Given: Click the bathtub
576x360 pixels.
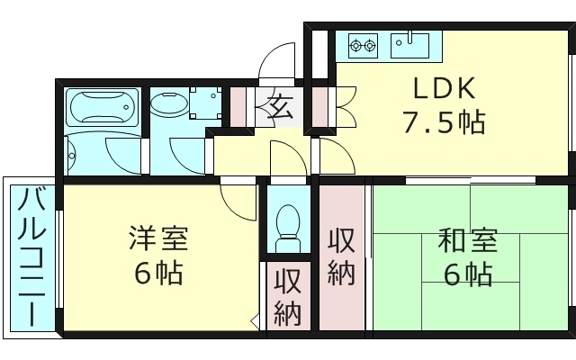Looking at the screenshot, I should coord(103,108).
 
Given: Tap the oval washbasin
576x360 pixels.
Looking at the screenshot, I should coord(169,104).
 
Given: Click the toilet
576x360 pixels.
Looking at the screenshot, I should coord(288,225).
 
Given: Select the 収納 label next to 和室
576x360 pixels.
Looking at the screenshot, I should coord(341,256).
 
